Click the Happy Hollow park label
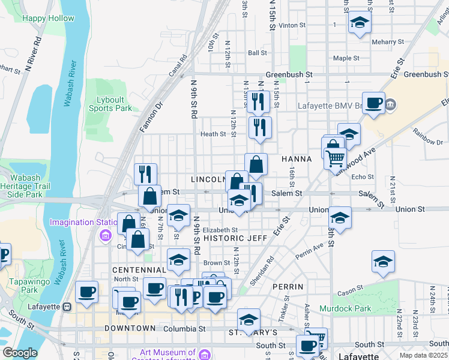click(x=48, y=18)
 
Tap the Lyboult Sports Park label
click(x=110, y=104)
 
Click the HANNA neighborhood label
click(x=297, y=159)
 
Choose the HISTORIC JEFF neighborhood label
click(x=235, y=238)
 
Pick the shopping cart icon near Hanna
click(x=335, y=158)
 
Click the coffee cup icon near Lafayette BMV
click(x=374, y=103)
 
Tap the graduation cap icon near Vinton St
click(x=360, y=22)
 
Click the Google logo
click(x=20, y=353)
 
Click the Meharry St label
click(x=387, y=42)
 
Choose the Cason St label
click(x=348, y=293)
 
